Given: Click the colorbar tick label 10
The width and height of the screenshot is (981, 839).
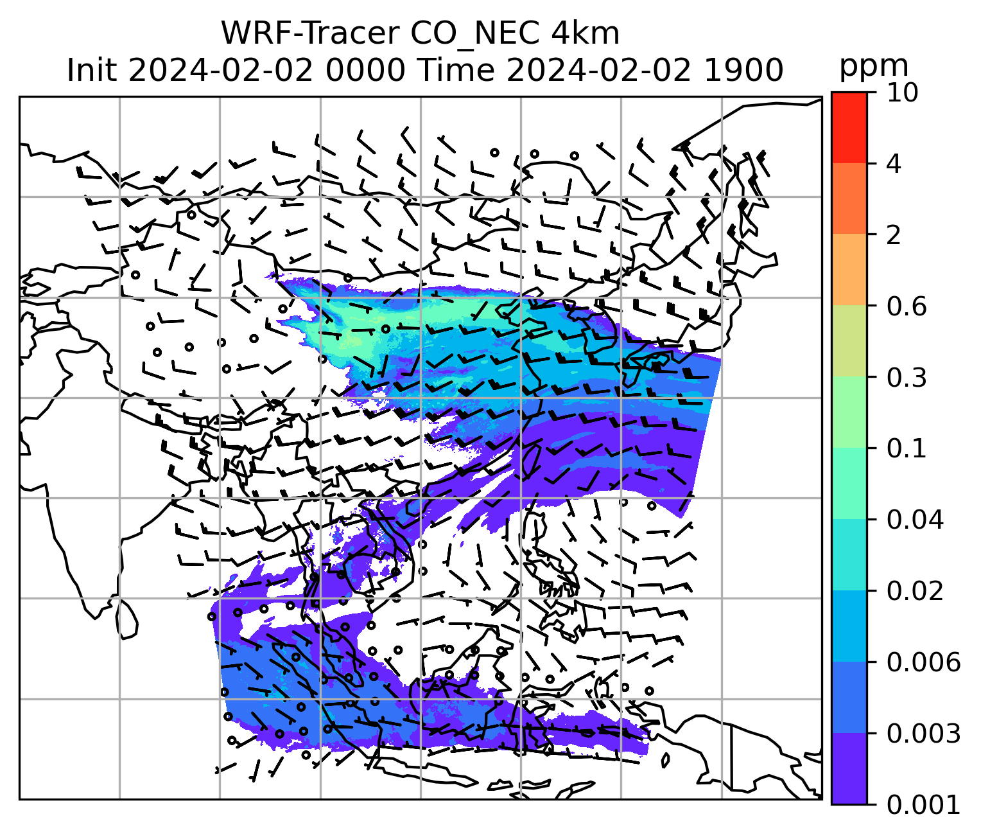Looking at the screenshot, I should click(902, 93).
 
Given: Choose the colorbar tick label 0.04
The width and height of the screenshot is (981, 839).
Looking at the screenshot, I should click(915, 520).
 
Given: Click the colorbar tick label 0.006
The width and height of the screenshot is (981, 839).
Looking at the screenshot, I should click(923, 662).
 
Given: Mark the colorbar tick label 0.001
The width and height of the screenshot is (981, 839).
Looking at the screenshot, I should click(923, 804).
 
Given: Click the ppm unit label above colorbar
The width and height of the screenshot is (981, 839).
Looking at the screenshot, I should click(874, 66).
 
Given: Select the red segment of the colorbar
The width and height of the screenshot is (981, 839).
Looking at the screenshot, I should click(849, 127).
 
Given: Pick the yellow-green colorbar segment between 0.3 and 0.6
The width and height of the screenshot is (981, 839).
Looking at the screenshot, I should click(849, 341).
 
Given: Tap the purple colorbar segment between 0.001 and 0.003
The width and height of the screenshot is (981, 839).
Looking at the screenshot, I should click(849, 768).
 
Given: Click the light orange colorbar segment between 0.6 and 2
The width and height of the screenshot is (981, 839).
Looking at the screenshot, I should click(849, 270).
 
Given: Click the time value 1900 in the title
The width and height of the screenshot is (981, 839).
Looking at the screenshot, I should click(743, 69).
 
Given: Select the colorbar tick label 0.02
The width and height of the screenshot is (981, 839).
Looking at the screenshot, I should click(915, 591).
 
